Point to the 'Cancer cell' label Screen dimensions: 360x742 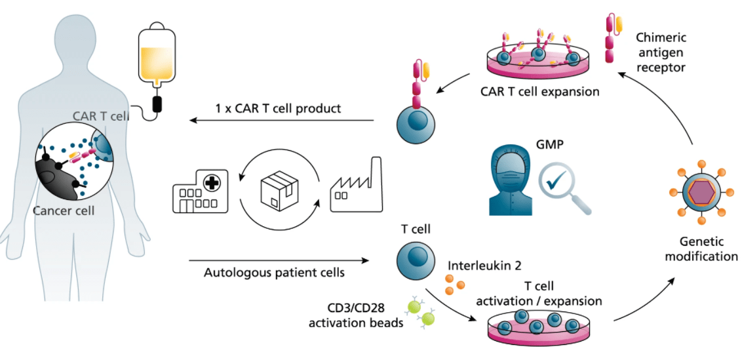63,211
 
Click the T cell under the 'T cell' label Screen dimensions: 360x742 415,258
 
